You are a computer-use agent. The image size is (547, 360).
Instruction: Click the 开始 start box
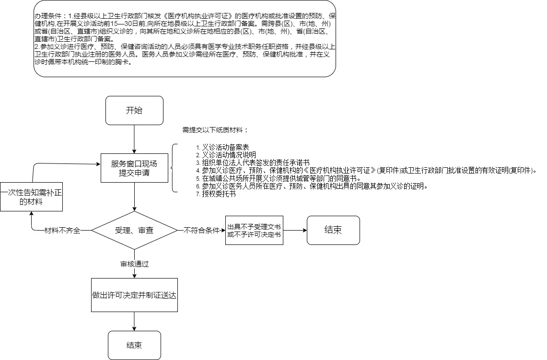[134, 111]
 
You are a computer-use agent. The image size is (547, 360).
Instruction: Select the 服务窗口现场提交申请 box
[134, 168]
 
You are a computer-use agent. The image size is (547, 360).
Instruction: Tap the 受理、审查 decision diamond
[134, 230]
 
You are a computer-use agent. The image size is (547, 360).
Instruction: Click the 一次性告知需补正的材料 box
[31, 197]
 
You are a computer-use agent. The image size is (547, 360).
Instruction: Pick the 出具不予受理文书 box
[254, 230]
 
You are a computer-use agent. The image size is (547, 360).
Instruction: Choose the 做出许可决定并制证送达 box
[134, 295]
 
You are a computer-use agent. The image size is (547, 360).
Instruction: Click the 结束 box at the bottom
[134, 345]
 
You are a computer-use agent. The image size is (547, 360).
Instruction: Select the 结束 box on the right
[333, 230]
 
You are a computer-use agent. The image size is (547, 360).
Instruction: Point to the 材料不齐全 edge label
[62, 231]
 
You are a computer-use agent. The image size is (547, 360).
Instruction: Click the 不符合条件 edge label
[201, 231]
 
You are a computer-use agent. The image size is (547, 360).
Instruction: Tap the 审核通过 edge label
[135, 264]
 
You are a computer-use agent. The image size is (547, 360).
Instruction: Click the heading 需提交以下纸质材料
[215, 130]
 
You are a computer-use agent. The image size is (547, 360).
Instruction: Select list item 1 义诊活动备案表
[222, 148]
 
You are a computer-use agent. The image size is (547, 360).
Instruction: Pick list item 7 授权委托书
[216, 194]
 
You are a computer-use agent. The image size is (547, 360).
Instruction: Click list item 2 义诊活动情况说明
[226, 155]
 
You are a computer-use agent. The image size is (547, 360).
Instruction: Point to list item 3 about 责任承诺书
[253, 163]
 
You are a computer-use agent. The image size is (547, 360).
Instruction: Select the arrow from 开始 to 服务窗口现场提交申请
[134, 139]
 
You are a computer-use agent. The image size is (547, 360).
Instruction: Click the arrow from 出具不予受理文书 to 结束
[295, 230]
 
